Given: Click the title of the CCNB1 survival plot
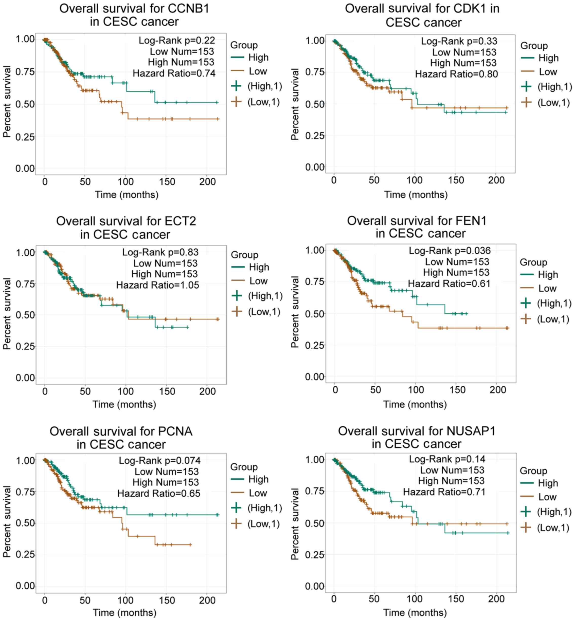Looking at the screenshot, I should (x=134, y=15).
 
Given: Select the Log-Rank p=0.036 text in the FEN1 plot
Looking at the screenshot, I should (x=449, y=251).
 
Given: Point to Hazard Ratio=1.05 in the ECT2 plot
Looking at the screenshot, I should (x=157, y=285).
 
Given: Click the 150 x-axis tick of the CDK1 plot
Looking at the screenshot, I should (x=456, y=180).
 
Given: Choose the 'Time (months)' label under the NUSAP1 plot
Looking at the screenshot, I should (x=415, y=612).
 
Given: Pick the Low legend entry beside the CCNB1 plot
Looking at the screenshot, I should (x=258, y=71).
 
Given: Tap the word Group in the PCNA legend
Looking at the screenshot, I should (x=244, y=467).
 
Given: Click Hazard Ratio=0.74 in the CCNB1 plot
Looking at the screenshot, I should (x=174, y=73).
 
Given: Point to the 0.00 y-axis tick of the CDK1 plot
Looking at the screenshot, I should (x=315, y=167).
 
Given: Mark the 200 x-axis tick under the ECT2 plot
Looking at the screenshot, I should (x=207, y=391).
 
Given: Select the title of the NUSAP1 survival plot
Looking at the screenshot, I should (x=417, y=438).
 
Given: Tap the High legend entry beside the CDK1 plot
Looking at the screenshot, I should (x=548, y=58).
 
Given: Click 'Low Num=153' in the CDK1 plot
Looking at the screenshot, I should (x=464, y=52).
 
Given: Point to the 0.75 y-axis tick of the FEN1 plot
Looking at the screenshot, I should (x=315, y=282).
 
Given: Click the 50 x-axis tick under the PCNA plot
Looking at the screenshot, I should (x=85, y=600).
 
